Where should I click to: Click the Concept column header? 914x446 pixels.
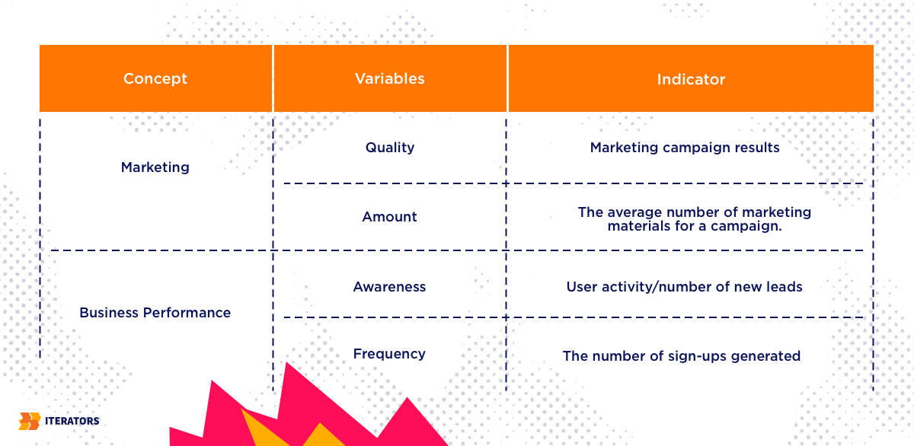[x=155, y=78]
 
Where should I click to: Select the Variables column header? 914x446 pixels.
[x=390, y=78]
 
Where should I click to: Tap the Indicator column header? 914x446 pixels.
[x=691, y=78]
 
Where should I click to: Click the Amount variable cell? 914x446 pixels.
[x=390, y=216]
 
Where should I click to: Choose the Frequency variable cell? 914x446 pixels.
[x=389, y=354]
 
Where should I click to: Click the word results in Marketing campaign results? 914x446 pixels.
[x=757, y=147]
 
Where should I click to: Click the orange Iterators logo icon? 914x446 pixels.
[x=30, y=421]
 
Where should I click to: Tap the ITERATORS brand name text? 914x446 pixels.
[x=72, y=421]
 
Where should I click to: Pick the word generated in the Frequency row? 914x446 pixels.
[x=765, y=356]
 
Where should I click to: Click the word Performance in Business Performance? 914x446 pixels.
[x=187, y=313]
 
